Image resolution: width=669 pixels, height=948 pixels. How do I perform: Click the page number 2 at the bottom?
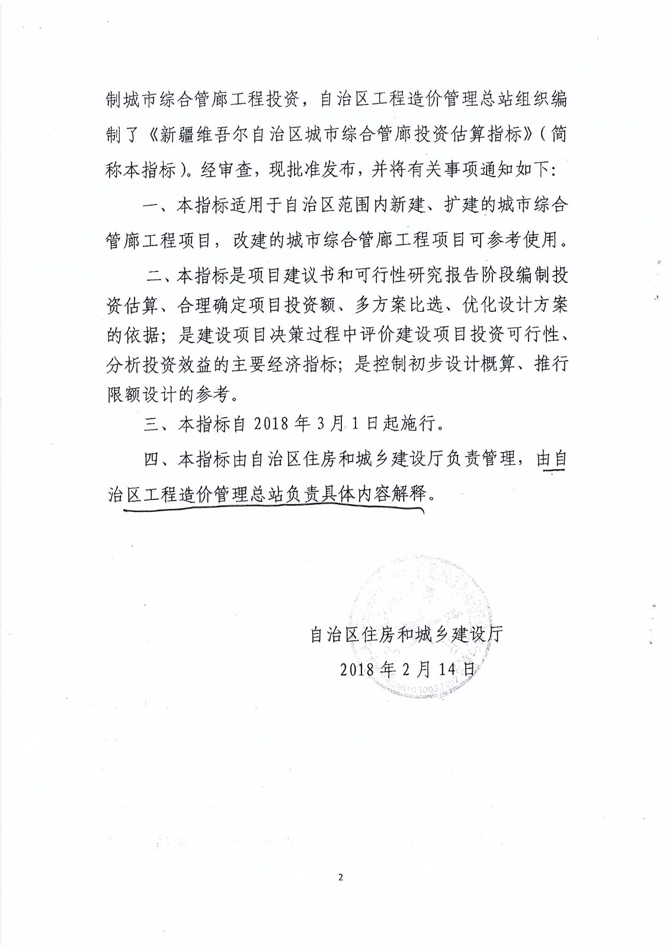click(x=341, y=877)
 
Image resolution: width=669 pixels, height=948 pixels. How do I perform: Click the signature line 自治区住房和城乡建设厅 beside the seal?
click(x=406, y=634)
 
